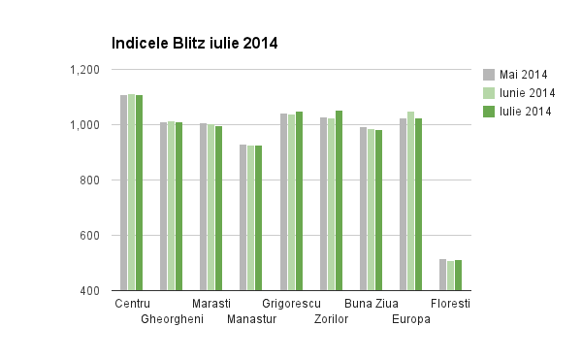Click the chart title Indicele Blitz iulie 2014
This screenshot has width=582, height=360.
point(195,44)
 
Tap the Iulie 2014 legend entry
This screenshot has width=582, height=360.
point(525,112)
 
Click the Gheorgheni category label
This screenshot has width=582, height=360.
point(172,319)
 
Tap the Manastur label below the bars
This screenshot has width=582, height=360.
point(252,319)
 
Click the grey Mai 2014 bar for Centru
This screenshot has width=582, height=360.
point(123,193)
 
